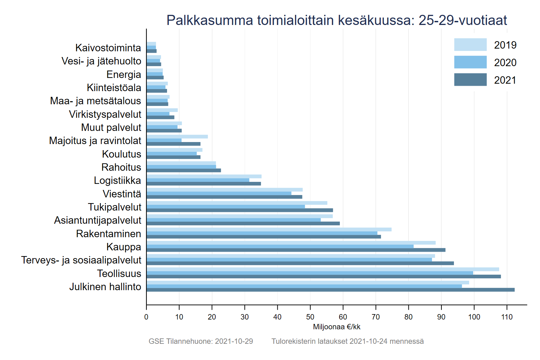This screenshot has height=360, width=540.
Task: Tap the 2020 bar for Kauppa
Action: (x=280, y=246)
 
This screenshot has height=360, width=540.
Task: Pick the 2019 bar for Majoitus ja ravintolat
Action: (x=177, y=137)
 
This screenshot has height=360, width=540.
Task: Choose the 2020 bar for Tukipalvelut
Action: (x=225, y=206)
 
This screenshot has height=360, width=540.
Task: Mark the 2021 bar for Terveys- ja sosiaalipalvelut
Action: (x=300, y=263)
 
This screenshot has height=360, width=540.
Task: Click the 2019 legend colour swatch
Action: (x=470, y=45)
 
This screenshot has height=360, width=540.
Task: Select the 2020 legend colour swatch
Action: (x=470, y=62)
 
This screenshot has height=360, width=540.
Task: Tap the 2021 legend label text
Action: (x=505, y=80)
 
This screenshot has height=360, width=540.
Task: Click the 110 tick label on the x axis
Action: (x=507, y=317)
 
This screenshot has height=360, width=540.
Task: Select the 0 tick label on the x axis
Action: (x=146, y=317)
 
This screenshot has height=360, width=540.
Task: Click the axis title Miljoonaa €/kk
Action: (x=336, y=327)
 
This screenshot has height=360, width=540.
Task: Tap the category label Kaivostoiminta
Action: (x=108, y=48)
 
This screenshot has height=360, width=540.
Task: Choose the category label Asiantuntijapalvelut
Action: (x=98, y=220)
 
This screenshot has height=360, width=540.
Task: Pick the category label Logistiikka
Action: (x=117, y=181)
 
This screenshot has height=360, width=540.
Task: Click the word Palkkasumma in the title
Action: (x=210, y=20)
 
